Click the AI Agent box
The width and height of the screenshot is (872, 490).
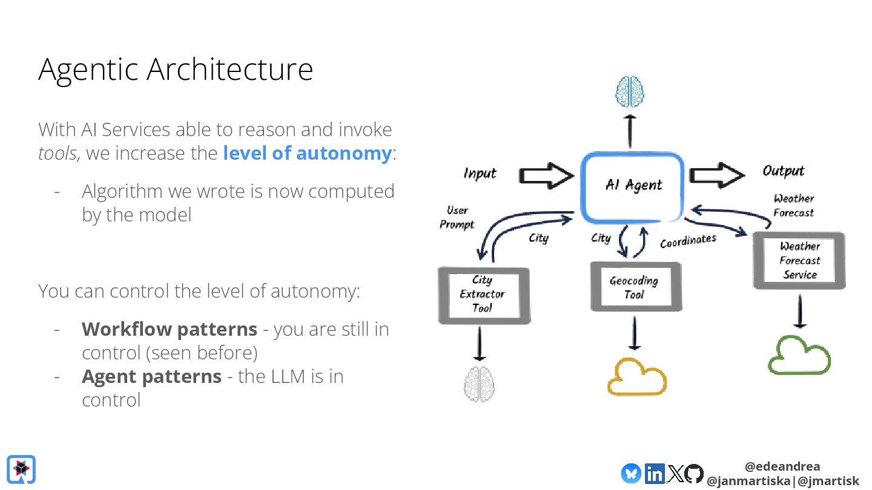coord(633,186)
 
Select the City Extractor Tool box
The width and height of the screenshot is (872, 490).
coord(483,295)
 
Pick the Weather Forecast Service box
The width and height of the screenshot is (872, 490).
coord(799,261)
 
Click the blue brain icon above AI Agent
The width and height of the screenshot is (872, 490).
coord(630,92)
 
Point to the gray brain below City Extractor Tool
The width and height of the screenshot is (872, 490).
coord(480,384)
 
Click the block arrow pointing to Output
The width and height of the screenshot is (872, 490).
coord(717,175)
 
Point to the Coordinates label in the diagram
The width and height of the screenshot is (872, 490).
coord(688,241)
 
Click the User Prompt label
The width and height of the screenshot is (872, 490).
coord(457,217)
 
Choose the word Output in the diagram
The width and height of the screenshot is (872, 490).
coord(784,171)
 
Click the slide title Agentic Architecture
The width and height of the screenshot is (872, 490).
coord(176,69)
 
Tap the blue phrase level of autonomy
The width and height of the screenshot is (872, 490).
coord(307,153)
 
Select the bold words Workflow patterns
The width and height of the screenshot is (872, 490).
coord(170,329)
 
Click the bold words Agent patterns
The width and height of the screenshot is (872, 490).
coord(151,376)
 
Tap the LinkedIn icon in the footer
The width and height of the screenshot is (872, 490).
coord(655,473)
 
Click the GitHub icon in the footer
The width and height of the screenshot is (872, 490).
coord(694,473)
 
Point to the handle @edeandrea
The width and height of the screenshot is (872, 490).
coord(782,466)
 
